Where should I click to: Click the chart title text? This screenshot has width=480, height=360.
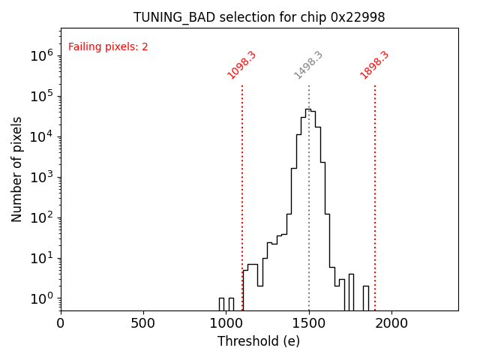259,17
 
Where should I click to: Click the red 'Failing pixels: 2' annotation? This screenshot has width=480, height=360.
108,47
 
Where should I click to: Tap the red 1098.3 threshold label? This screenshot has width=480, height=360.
241,65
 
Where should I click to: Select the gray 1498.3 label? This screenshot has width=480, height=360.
308,65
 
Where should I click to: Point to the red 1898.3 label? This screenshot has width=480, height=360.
374,65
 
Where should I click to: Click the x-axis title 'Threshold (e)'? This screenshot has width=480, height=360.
259,341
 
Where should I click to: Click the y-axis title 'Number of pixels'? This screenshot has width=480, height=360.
17,169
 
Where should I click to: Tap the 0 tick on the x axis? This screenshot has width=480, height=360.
61,322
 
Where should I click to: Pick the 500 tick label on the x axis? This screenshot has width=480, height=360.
143,322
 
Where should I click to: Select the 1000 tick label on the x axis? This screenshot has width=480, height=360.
226,322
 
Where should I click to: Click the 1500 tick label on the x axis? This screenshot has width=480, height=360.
309,322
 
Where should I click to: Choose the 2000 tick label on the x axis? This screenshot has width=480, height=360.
391,322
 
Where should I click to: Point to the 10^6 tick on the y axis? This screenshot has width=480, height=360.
41,55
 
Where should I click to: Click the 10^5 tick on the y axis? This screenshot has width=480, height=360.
41,96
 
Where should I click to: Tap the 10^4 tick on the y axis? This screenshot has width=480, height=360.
41,136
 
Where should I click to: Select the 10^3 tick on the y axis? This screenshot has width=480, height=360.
41,177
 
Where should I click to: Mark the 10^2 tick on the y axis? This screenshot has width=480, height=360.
41,217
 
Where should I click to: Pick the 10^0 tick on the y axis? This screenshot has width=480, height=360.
41,298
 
